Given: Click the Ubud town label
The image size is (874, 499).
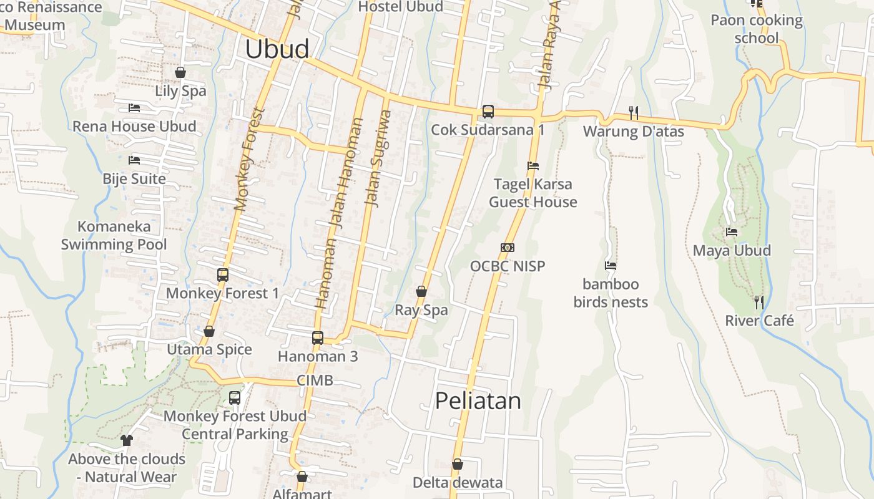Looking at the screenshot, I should (x=277, y=49).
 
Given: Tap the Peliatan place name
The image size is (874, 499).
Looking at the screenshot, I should (x=478, y=400).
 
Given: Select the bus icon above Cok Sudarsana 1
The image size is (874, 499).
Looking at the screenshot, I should (x=488, y=112).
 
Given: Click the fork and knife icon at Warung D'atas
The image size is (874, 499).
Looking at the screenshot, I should (x=633, y=113).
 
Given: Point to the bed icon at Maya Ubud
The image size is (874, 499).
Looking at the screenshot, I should (x=732, y=232).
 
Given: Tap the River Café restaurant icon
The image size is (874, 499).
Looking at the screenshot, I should (x=759, y=303).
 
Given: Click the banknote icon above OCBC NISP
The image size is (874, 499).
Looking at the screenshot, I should (x=508, y=248).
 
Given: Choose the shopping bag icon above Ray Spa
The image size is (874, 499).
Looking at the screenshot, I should (x=421, y=291).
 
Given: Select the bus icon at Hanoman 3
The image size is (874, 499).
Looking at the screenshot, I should (x=318, y=338).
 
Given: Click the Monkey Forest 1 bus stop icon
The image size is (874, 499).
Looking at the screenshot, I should (x=222, y=274).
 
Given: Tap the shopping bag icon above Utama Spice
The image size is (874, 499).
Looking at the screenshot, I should (x=209, y=331).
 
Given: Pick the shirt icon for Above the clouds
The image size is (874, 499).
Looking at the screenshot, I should (x=127, y=440).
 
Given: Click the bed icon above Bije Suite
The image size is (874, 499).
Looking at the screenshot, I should (x=134, y=160).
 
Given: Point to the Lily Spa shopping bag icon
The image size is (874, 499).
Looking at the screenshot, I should (x=180, y=72).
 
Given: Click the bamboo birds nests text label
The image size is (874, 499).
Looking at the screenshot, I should (x=611, y=293).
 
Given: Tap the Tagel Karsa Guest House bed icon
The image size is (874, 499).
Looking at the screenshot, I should (x=533, y=166).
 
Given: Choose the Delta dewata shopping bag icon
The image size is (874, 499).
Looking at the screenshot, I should (x=458, y=465).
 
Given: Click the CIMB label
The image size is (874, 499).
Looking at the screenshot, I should (x=315, y=380).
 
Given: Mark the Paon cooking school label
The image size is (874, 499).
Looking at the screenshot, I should (x=756, y=29).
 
